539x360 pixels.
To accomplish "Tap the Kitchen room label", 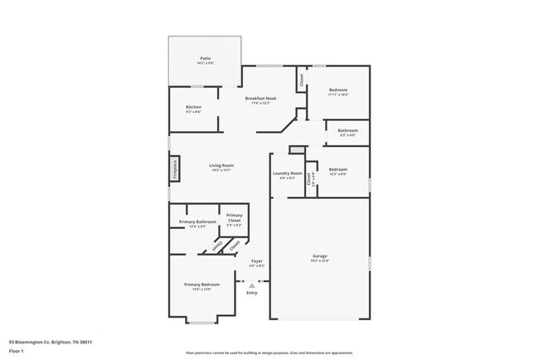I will tap(193, 108).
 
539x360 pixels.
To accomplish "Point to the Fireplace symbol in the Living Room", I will tap(175, 169).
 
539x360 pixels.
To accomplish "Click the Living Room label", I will tap(220, 167).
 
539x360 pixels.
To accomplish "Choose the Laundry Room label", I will tap(287, 174).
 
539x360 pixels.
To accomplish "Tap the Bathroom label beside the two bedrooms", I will tap(347, 131).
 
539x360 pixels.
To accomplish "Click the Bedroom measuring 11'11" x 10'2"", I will tap(337, 90).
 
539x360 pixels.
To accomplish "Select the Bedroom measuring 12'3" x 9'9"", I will tap(337, 171).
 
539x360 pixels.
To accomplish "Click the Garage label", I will tap(319, 256).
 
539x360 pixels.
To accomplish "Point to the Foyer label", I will tap(256, 263).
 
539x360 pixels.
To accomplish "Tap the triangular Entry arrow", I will tap(252, 285).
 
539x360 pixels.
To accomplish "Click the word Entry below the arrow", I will tap(252, 293).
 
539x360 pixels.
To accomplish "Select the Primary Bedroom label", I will tap(202, 285).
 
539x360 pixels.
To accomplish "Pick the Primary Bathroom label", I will tap(202, 222).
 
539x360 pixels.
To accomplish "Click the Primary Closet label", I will tap(234, 217).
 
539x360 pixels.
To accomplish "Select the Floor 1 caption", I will tap(17, 351).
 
